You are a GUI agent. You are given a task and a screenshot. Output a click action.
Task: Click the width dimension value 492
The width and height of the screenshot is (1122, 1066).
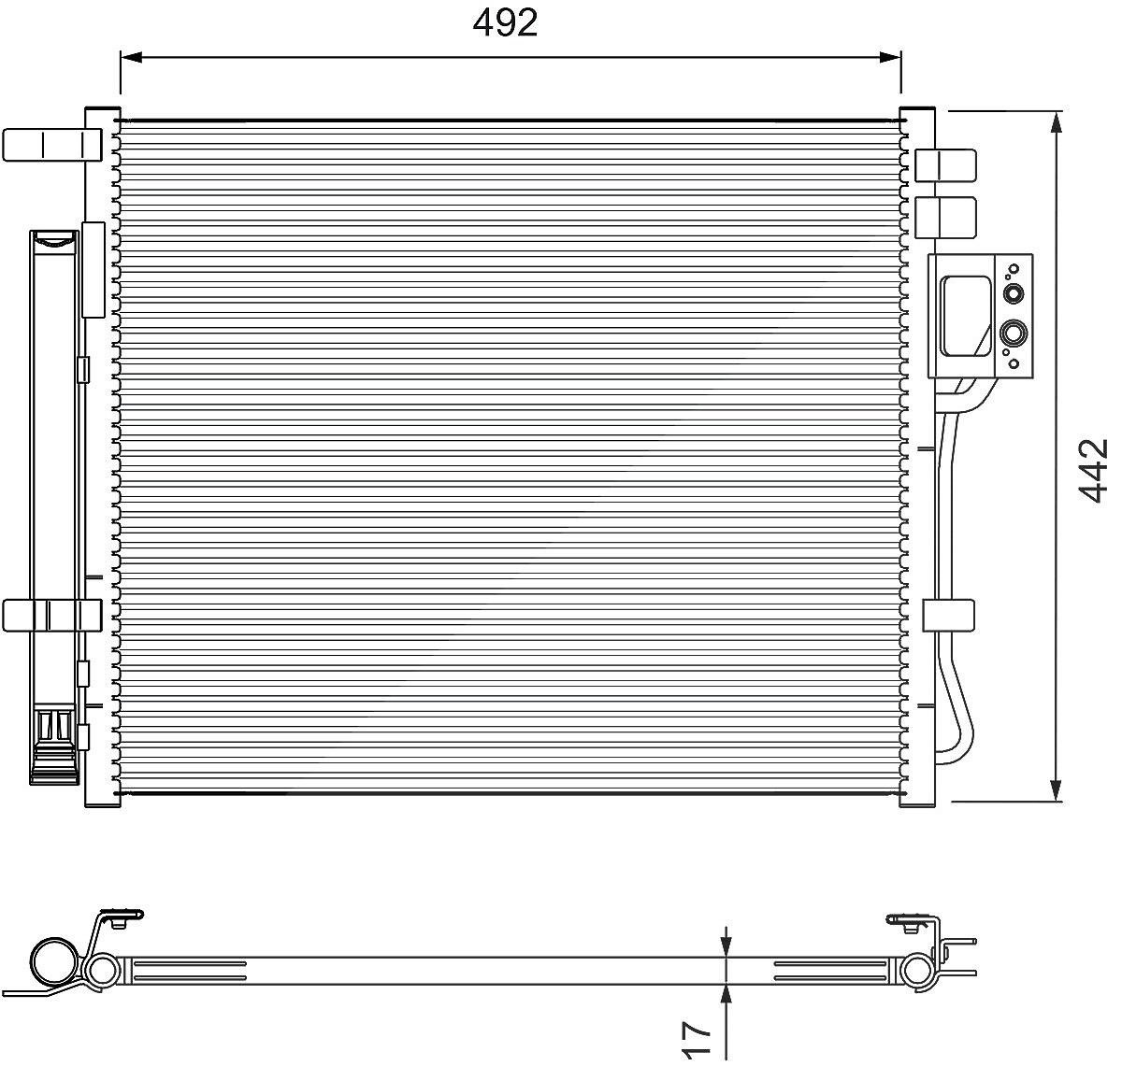pyautogui.click(x=505, y=22)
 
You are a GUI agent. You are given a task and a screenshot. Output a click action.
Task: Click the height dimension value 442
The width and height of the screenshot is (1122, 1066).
pyautogui.click(x=1092, y=471)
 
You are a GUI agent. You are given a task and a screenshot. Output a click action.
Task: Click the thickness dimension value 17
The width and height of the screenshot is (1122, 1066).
pyautogui.click(x=697, y=1039)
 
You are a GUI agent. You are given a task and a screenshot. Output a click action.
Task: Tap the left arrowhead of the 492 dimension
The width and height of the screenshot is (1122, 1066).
pyautogui.click(x=131, y=57)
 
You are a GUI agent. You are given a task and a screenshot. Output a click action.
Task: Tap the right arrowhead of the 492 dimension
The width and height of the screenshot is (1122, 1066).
pyautogui.click(x=891, y=57)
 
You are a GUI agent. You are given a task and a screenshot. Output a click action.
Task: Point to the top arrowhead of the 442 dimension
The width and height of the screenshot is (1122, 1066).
pyautogui.click(x=1057, y=121)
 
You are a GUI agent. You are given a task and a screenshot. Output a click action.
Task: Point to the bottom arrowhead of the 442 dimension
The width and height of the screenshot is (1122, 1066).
pyautogui.click(x=1057, y=790)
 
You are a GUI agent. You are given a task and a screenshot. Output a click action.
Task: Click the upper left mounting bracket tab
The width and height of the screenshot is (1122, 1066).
pyautogui.click(x=52, y=145)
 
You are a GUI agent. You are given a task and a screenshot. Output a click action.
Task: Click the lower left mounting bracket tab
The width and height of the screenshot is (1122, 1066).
pyautogui.click(x=52, y=616)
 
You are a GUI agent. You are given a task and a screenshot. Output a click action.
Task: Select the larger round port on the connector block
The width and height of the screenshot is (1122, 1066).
pyautogui.click(x=1014, y=333)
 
